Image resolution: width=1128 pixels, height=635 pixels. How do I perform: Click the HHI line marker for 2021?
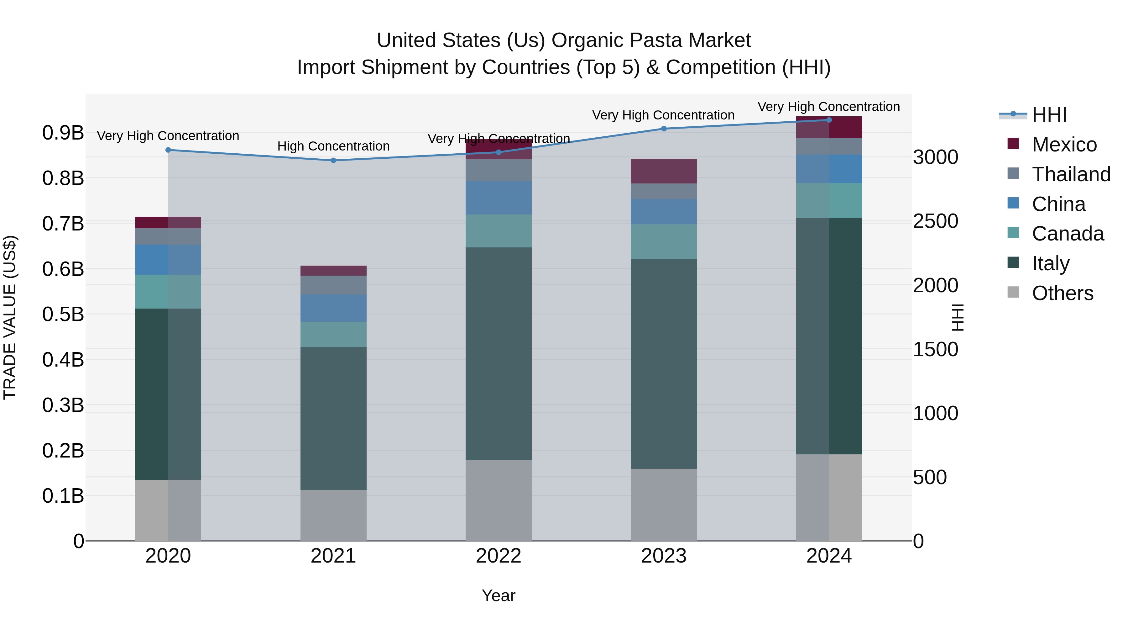click(x=333, y=160)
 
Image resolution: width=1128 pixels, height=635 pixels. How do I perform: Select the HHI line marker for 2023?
click(x=663, y=129)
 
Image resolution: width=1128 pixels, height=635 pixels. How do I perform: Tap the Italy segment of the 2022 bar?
click(x=498, y=354)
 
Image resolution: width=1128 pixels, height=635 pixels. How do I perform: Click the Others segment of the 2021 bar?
click(x=333, y=515)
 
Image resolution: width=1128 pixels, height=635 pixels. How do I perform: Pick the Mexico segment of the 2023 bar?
click(x=663, y=171)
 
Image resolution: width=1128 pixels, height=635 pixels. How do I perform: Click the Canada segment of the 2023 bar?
click(x=663, y=242)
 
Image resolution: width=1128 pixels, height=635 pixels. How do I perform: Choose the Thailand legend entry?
click(x=1071, y=174)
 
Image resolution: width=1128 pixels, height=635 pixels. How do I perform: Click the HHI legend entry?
click(x=1049, y=115)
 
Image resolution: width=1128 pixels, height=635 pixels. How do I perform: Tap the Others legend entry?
click(x=1062, y=293)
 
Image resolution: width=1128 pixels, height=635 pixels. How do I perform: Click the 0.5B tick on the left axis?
click(x=63, y=314)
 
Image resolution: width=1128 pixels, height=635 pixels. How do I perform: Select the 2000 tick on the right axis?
click(x=935, y=286)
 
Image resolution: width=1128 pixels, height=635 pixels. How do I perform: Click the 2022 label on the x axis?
click(x=498, y=556)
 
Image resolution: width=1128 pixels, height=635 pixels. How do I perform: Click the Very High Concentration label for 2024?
click(x=828, y=107)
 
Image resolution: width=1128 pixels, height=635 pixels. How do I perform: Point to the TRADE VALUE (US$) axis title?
click(x=10, y=317)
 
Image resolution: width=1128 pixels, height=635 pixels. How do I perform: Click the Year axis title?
click(x=498, y=595)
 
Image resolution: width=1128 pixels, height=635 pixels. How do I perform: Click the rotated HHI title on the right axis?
click(x=958, y=317)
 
